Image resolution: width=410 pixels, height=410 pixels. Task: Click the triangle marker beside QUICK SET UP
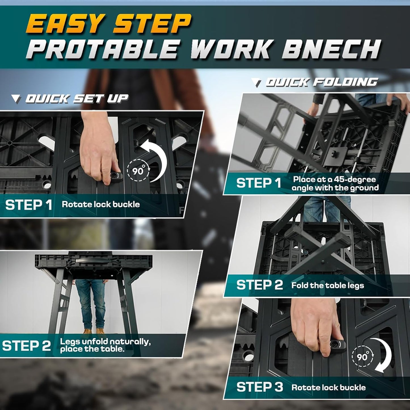[x=16, y=99]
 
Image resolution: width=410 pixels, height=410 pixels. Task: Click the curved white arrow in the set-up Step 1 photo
[x=156, y=159]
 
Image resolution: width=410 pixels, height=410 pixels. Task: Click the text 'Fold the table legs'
[x=327, y=285]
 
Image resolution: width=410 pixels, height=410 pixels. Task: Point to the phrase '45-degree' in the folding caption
[x=355, y=179]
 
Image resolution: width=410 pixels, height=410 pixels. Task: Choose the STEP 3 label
[x=260, y=387]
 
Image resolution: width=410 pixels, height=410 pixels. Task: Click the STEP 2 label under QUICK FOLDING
[x=260, y=285]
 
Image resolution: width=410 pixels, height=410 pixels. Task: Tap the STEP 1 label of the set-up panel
[x=29, y=205]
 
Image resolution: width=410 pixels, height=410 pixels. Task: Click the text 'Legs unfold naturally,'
[x=105, y=341]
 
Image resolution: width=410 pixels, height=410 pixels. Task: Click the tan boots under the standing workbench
[x=94, y=331]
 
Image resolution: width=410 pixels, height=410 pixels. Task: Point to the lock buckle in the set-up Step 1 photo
[x=115, y=176]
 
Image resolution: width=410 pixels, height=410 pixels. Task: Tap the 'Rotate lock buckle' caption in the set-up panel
[x=101, y=205]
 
